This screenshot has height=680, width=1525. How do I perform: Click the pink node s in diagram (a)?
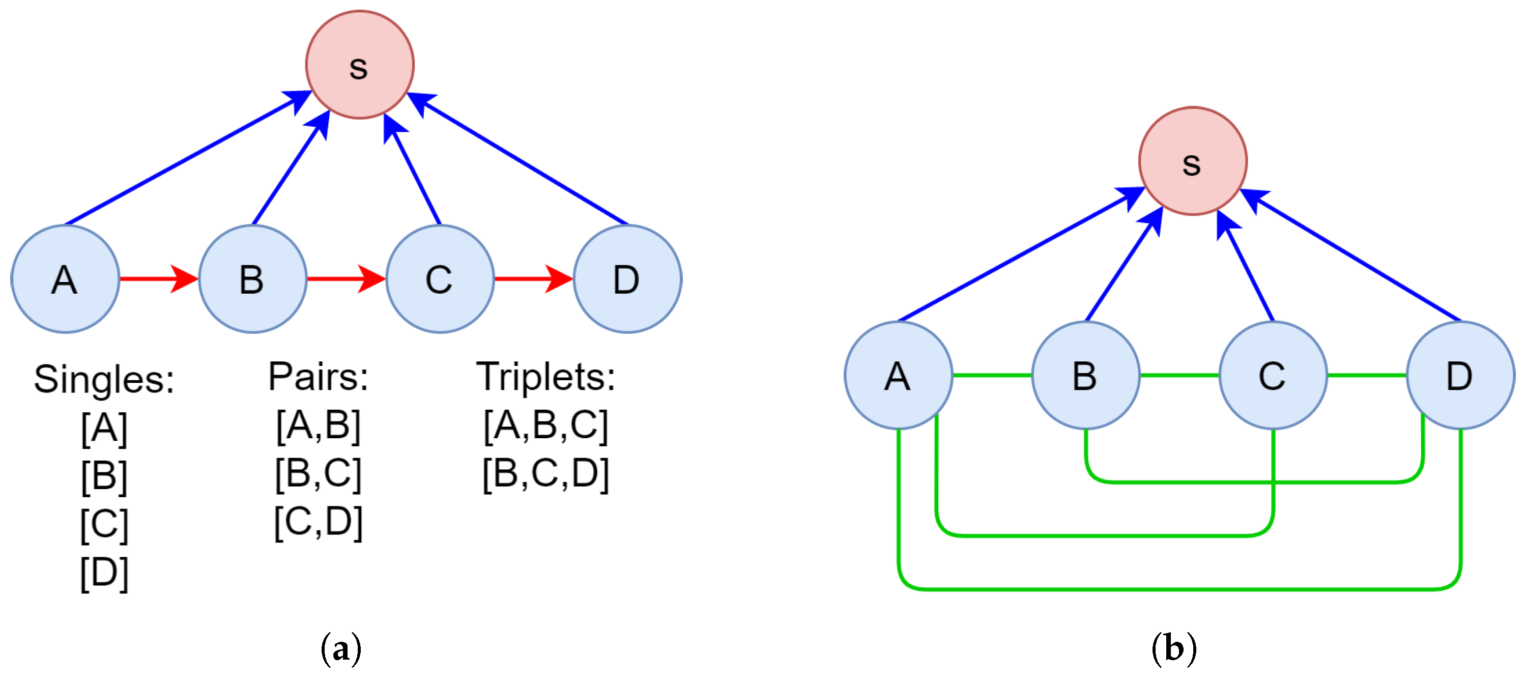(359, 65)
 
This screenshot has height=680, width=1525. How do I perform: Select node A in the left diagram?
(65, 278)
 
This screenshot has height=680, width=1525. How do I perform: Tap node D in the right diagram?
(1460, 375)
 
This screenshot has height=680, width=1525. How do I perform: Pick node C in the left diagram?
(440, 278)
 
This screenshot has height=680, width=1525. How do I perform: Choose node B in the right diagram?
(1085, 375)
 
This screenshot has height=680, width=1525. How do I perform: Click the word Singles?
(104, 379)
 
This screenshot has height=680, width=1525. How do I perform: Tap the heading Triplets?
(545, 376)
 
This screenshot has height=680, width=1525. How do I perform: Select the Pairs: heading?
(318, 376)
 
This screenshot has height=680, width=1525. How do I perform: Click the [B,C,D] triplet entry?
(545, 474)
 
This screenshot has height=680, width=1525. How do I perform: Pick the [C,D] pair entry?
(318, 522)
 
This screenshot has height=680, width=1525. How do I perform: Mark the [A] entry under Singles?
(104, 428)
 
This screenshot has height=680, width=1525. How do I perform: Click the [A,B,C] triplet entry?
(545, 426)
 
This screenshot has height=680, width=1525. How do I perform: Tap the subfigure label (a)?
(340, 648)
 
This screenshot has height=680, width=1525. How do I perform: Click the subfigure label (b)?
(1174, 648)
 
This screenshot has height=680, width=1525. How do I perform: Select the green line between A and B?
(992, 375)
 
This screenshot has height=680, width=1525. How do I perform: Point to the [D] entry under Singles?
(104, 574)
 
